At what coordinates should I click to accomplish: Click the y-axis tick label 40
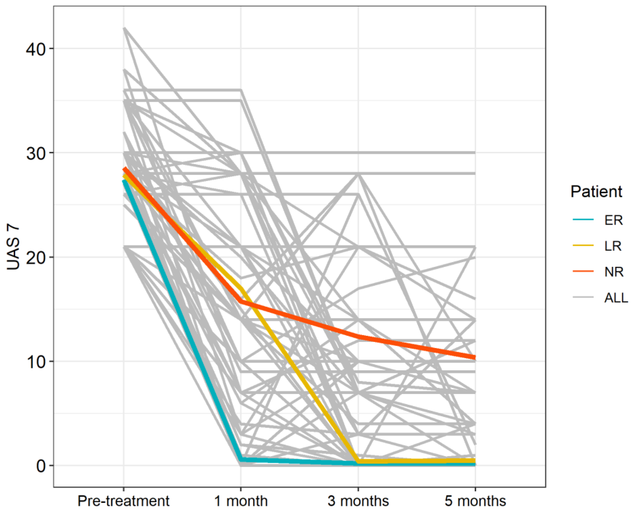(x=36, y=49)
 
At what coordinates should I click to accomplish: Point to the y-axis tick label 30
(x=36, y=153)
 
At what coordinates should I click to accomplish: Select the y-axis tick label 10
(x=36, y=362)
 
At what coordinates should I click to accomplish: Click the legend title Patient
(x=596, y=192)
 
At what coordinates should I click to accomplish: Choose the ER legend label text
(x=613, y=220)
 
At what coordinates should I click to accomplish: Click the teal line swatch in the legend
(x=583, y=219)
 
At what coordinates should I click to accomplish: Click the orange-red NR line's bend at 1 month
(x=241, y=301)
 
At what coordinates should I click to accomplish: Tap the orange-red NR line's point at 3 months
(x=358, y=337)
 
